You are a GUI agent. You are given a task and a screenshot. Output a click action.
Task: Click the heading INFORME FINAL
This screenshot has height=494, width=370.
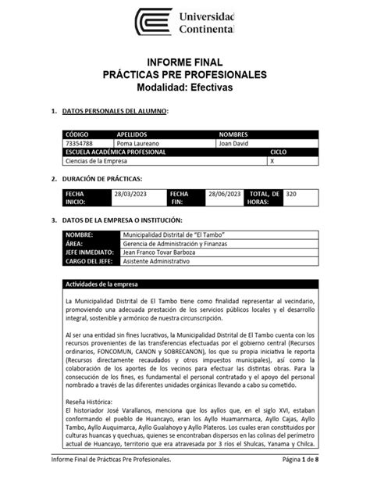click(186, 62)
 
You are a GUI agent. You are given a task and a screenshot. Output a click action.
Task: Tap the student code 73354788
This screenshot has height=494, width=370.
click(80, 144)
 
